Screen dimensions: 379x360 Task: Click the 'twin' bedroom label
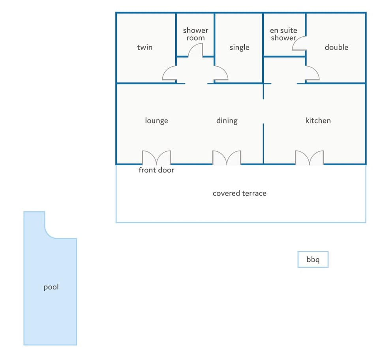[x=144, y=47]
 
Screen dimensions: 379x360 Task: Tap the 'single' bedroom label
[x=239, y=47]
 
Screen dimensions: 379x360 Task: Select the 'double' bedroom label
[x=336, y=47]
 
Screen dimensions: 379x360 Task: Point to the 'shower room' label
[x=195, y=34]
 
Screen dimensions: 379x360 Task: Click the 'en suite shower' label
[x=283, y=34]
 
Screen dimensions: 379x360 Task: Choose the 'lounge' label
[x=156, y=121]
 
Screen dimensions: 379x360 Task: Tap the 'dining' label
[x=227, y=121]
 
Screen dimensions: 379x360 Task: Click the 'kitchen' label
[x=318, y=120]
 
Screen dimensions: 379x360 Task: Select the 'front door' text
[x=156, y=170]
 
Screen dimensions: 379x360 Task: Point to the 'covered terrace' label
[x=240, y=193]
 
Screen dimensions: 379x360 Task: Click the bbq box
[x=313, y=259]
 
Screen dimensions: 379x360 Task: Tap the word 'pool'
[x=51, y=287]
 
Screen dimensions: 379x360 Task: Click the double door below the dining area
[x=227, y=157]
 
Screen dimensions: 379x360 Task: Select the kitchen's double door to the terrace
[x=310, y=157]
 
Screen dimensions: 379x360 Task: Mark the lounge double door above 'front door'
[x=156, y=157]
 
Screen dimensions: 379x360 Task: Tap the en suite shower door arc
[x=296, y=40]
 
